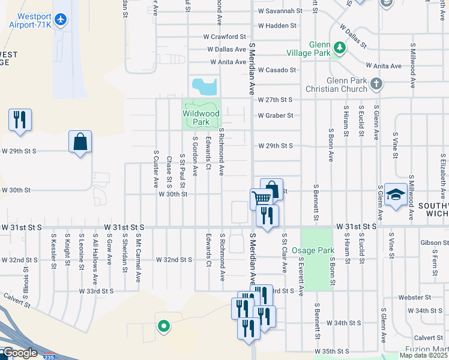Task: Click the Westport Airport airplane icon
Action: click(59, 20)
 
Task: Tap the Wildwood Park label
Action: click(200, 117)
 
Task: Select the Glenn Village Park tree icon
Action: click(339, 47)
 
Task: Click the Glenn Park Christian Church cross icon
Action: click(376, 84)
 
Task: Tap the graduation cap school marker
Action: click(396, 195)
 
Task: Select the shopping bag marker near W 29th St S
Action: click(80, 142)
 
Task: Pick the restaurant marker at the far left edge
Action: click(20, 120)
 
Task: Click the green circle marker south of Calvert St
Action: click(163, 326)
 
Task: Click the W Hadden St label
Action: click(277, 26)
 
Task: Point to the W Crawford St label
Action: click(225, 37)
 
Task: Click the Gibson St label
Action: click(435, 243)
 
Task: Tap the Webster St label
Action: click(411, 298)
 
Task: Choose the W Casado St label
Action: click(277, 70)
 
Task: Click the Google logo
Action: click(19, 353)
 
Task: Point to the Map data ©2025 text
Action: click(423, 355)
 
